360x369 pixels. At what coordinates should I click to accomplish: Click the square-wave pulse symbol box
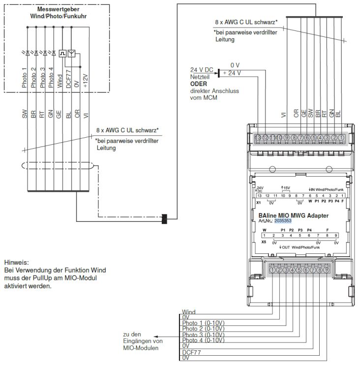pyautogui.click(x=62, y=53)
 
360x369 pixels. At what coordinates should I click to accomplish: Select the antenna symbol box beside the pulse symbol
pyautogui.click(x=72, y=53)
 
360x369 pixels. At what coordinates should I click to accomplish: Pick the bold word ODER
pyautogui.click(x=198, y=84)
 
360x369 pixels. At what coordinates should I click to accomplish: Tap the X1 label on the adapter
pyautogui.click(x=258, y=201)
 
